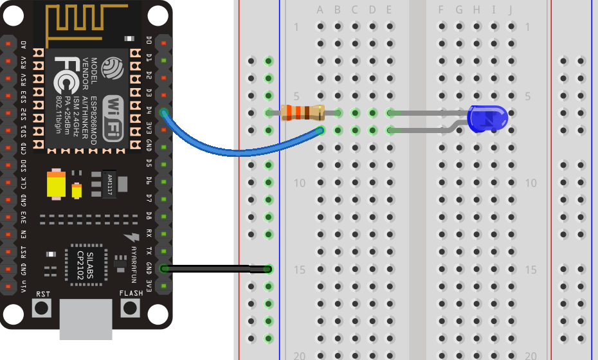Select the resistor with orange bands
pyautogui.click(x=303, y=113)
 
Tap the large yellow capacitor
pyautogui.click(x=57, y=185)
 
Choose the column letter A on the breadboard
pyautogui.click(x=320, y=10)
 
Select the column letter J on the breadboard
pyautogui.click(x=511, y=10)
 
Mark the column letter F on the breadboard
pyautogui.click(x=440, y=10)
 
